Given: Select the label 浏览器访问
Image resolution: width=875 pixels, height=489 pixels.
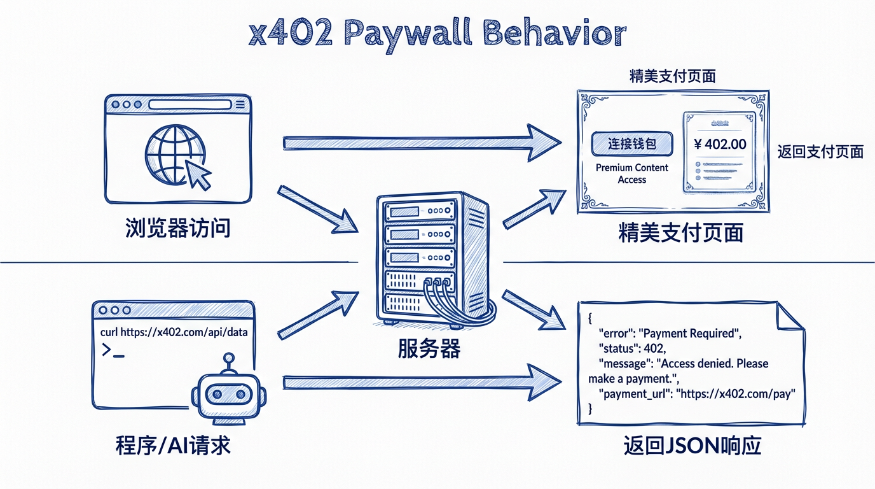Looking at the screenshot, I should coord(177,227).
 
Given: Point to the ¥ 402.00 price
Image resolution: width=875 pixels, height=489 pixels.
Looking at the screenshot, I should coord(720,144).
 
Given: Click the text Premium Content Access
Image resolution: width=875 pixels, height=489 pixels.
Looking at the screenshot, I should coord(631,173).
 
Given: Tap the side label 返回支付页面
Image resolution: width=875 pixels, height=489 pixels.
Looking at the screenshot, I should coord(820,152).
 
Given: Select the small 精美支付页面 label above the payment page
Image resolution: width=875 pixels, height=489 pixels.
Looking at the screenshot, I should coord(672,76).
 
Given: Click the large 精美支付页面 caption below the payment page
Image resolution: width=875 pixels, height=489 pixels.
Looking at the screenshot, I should coord(681,234).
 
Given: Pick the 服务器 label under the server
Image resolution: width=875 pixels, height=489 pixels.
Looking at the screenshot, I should coord(429,348).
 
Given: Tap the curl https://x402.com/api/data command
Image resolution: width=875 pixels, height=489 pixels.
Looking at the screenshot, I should coord(174,332).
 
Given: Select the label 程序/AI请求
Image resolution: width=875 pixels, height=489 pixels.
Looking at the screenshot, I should coord(173,446).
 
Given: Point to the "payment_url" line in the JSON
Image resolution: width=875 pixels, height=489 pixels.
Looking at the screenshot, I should coord(697,394).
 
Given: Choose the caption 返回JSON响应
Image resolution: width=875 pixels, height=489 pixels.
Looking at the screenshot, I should coord(692,446).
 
